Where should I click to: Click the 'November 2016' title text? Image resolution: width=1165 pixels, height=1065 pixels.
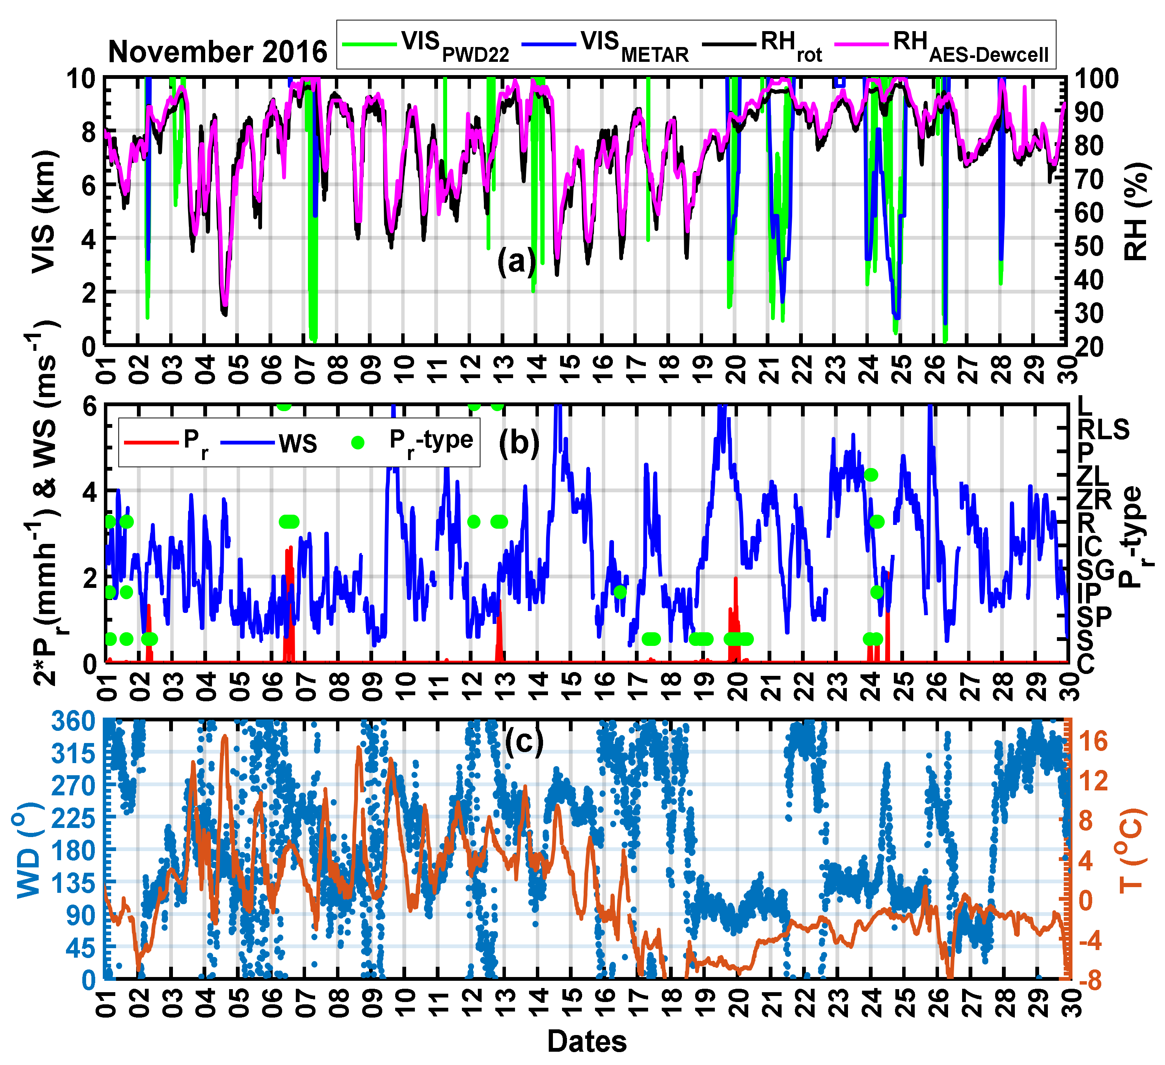click(x=218, y=52)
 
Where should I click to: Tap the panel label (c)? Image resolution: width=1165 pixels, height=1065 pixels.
click(x=524, y=740)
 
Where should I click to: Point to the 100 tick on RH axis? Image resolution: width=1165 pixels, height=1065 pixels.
click(x=1097, y=78)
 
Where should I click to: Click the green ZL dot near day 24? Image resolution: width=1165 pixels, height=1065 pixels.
click(x=871, y=475)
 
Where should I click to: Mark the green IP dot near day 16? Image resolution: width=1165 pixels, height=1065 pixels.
click(x=620, y=592)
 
